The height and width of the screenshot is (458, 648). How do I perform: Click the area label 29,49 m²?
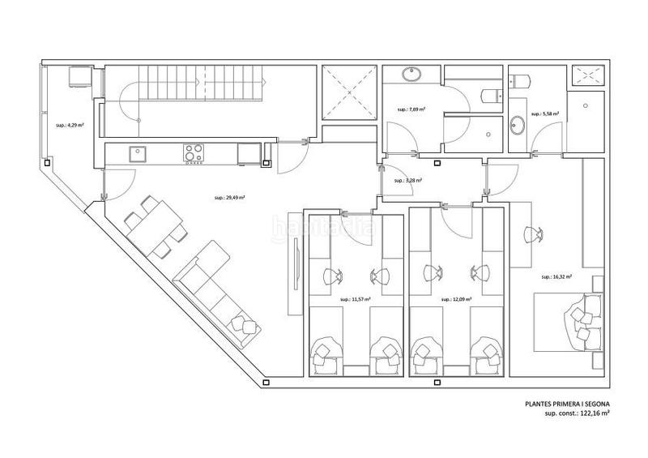pyautogui.click(x=230, y=198)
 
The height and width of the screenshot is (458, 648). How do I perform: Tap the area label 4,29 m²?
pyautogui.click(x=67, y=126)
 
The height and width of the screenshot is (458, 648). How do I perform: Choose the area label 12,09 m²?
pyautogui.click(x=456, y=299)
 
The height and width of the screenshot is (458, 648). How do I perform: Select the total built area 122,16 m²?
pyautogui.click(x=576, y=413)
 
